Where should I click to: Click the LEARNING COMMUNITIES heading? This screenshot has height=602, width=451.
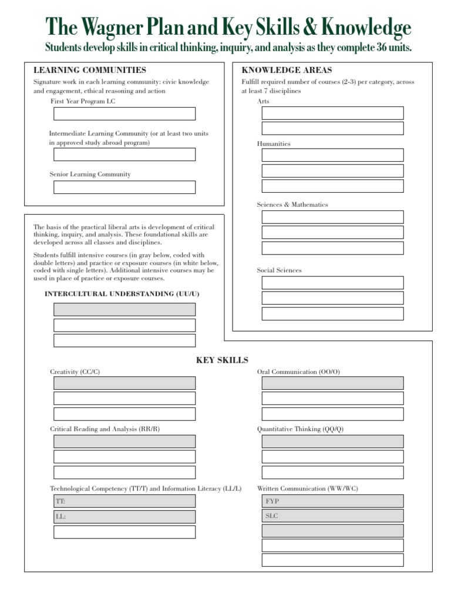point(90,70)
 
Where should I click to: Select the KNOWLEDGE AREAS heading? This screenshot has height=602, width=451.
point(287,70)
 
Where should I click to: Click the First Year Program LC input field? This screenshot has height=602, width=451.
point(124,113)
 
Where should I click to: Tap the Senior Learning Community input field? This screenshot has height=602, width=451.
point(124,187)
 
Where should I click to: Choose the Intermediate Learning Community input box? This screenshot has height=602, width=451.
point(124,155)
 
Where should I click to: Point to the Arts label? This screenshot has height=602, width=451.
point(263,102)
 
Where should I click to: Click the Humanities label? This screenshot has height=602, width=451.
point(274,144)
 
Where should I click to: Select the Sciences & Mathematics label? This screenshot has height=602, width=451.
point(292,205)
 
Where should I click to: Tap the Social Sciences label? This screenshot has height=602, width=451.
point(279,270)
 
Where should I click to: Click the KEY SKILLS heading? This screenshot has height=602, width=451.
point(222,360)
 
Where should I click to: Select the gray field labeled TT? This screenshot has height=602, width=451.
point(124,501)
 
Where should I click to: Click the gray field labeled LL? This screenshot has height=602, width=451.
point(124,517)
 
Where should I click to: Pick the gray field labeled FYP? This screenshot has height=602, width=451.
point(332,501)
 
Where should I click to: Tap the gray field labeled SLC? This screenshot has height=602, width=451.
point(332,516)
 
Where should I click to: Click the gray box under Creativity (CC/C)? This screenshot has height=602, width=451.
point(124,383)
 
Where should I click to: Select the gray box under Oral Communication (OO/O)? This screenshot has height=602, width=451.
point(332,383)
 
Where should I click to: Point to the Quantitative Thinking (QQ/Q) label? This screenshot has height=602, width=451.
point(301,429)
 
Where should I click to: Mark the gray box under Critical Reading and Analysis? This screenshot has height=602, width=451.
point(124,442)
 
